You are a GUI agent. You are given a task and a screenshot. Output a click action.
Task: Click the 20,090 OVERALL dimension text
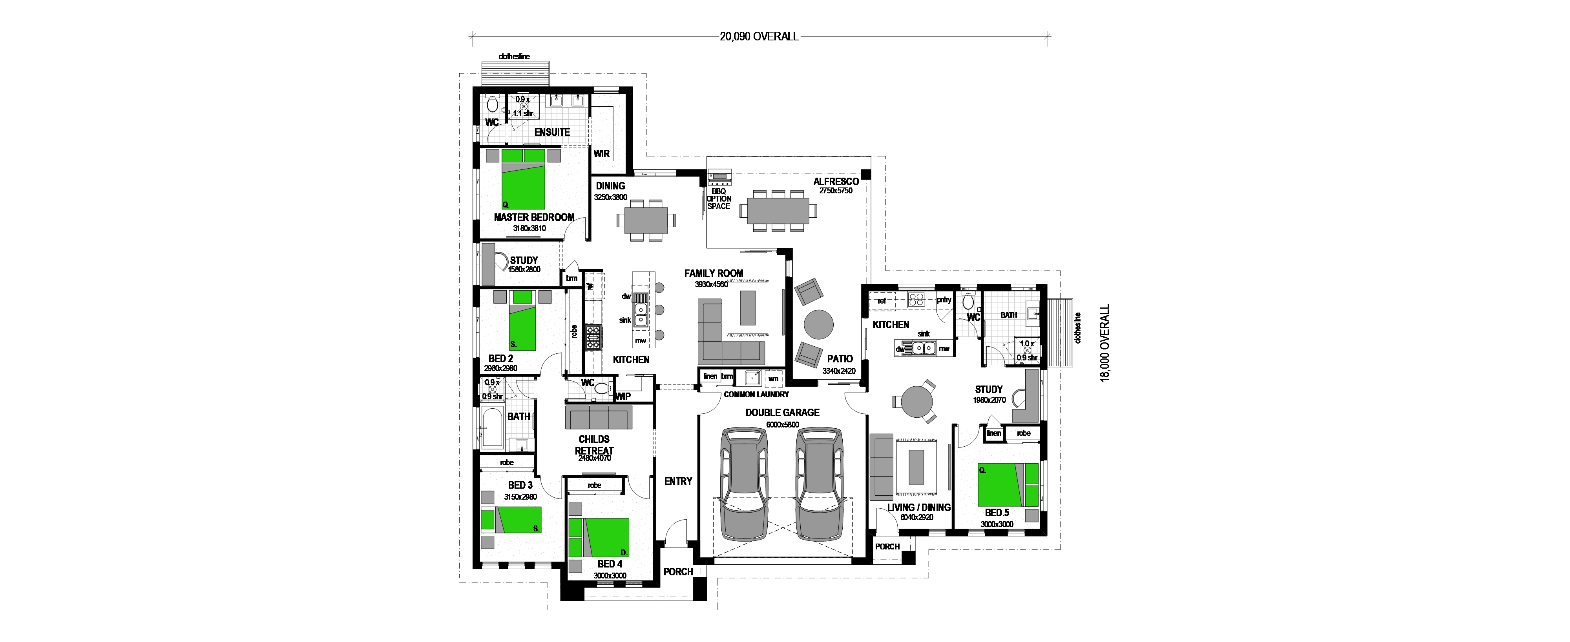click(759, 36)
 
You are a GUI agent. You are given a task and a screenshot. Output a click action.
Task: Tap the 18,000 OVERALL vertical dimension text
click(1105, 343)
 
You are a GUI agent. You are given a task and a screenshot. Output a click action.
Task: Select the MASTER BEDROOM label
click(534, 217)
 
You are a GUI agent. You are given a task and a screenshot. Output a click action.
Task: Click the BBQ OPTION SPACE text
click(719, 198)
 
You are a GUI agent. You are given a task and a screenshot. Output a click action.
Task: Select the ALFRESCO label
click(836, 182)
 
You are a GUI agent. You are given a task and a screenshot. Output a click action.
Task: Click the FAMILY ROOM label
click(713, 273)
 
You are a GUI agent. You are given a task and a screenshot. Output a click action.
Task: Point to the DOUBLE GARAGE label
click(783, 412)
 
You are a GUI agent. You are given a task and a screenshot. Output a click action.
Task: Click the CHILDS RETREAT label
click(594, 445)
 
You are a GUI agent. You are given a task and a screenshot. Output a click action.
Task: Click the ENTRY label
click(678, 481)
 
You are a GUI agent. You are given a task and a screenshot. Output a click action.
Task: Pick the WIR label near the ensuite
click(602, 153)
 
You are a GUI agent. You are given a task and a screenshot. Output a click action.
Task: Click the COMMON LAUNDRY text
click(756, 395)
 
